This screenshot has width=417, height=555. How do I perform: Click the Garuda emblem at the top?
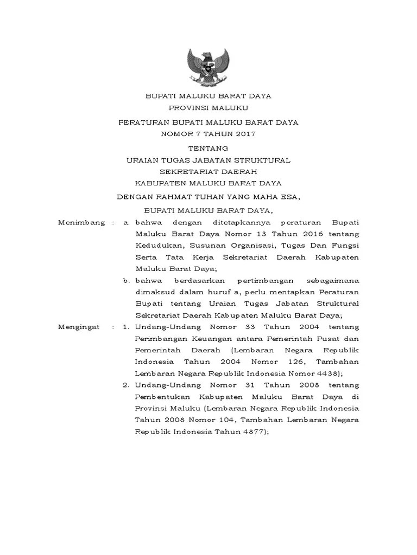tap(208, 65)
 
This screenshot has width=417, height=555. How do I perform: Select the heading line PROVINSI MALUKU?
tap(208, 109)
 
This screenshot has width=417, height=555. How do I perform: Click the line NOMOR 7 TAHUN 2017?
tap(208, 133)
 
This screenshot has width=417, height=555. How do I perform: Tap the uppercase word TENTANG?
tap(208, 148)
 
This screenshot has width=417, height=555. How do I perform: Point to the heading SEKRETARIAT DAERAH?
tap(208, 171)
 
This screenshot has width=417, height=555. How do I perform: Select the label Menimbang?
tap(81, 223)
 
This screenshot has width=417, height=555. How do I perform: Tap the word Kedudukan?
tap(157, 246)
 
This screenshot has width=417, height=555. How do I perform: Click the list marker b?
tap(126, 281)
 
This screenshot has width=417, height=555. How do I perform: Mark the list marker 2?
tap(125, 385)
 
